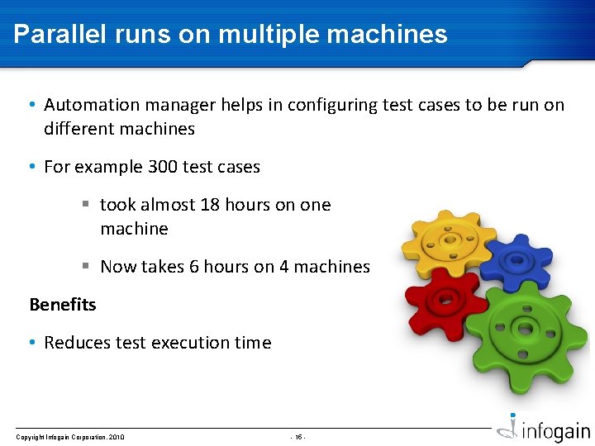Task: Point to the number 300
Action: coord(162,167)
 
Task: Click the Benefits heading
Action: coord(63,305)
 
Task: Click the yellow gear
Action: coord(447,241)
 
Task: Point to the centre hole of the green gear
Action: coord(525,328)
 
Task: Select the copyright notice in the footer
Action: coord(70,437)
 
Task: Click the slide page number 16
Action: coord(297,437)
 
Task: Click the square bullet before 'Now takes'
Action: coord(85,267)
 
